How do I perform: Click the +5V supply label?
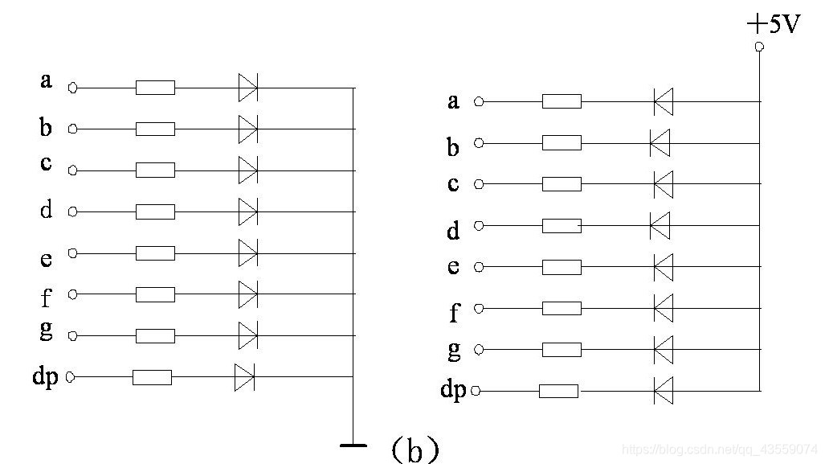(774, 24)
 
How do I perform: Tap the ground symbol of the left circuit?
(353, 444)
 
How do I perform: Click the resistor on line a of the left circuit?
(155, 88)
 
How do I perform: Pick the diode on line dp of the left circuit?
(244, 376)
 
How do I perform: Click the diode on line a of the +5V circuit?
(663, 102)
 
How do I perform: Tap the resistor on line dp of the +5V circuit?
(558, 392)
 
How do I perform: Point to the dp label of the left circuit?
(46, 376)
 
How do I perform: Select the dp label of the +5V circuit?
(453, 390)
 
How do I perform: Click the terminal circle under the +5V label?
(759, 47)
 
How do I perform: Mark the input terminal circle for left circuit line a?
(72, 88)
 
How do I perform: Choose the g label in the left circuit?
(46, 333)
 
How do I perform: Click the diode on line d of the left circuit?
(248, 211)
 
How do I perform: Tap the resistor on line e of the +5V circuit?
(562, 267)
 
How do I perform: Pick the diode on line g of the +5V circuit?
(663, 350)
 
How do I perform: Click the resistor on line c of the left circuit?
(155, 170)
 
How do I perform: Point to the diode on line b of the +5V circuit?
(660, 144)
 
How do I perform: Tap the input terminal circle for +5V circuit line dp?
(476, 392)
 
